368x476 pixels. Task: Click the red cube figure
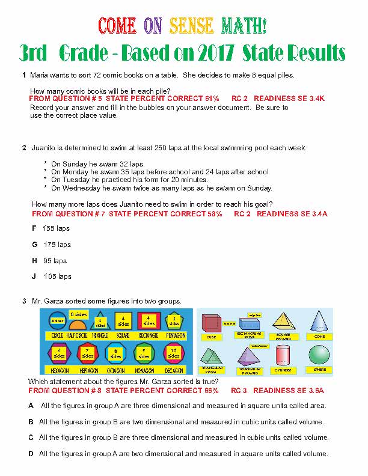tap(212, 323)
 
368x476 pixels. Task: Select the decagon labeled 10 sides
tap(174, 353)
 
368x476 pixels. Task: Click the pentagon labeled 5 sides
tap(174, 322)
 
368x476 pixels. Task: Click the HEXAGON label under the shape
tap(58, 371)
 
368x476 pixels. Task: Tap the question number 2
tap(24, 148)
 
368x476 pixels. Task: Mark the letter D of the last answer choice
tap(31, 453)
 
